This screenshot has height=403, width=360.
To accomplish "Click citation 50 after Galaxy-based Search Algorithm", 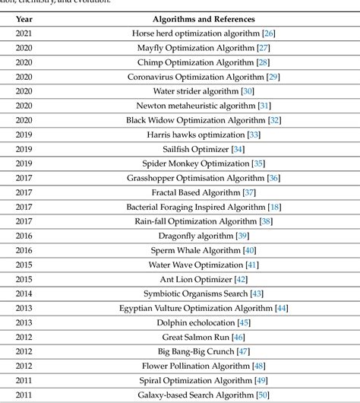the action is (x=264, y=394).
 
